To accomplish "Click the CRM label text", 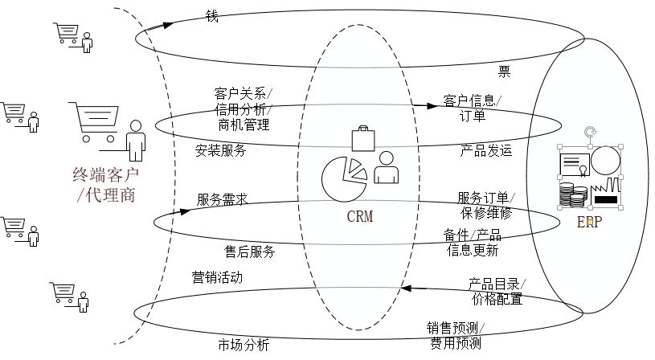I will [360, 216].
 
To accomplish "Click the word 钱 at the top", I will [212, 15].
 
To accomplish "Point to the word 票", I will [504, 71].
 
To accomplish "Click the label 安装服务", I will [220, 150].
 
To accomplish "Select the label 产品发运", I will [485, 150].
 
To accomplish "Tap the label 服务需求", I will [222, 199].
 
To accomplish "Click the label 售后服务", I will [250, 252].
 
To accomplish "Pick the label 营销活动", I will [217, 277].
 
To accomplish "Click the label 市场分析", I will [244, 346].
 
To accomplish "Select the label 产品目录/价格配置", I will [497, 292].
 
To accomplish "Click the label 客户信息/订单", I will [472, 108].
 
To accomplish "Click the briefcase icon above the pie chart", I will [362, 137].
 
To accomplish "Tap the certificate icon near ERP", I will [573, 164].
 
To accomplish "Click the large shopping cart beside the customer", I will [100, 122].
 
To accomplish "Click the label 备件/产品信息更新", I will [473, 242].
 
